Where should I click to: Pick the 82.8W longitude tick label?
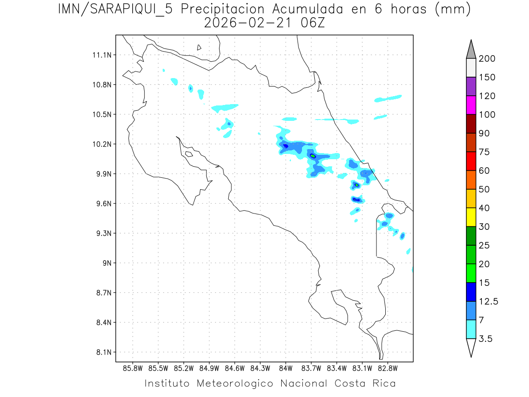387,368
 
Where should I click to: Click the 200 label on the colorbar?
487,59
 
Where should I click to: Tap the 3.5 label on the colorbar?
486,339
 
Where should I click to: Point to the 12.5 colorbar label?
488,302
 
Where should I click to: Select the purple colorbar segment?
470,86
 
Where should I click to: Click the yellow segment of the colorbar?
470,217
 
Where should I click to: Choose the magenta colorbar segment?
470,105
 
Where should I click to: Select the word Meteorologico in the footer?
238,383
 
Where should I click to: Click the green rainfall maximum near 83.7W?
313,156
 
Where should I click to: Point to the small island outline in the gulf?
189,154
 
